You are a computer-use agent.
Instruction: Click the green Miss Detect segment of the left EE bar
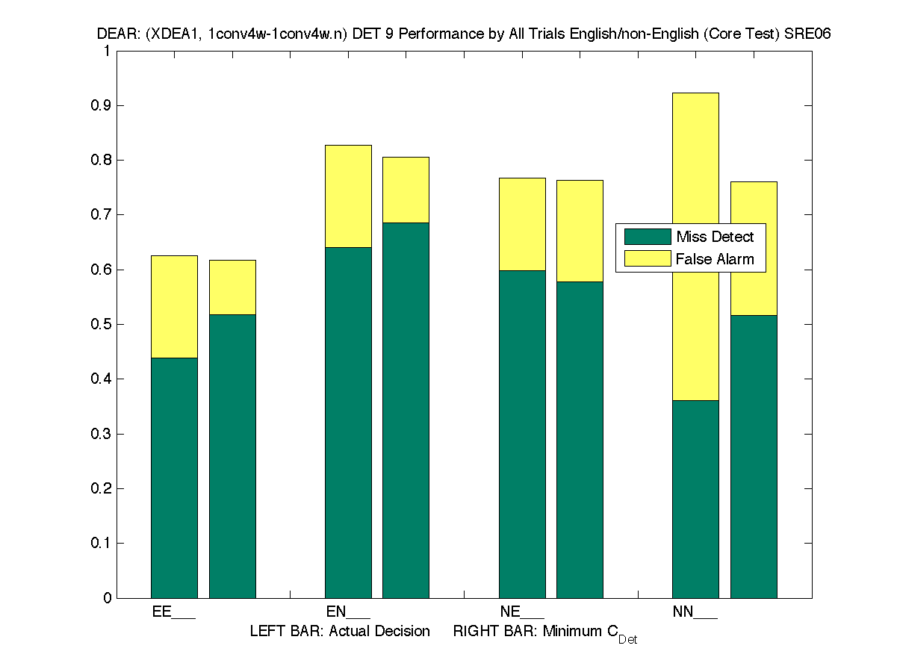[174, 478]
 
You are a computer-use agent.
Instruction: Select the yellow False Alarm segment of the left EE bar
[174, 306]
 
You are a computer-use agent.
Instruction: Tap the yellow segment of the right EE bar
[232, 287]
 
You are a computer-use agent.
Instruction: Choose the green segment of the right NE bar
[580, 440]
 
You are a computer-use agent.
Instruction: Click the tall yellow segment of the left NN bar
[695, 246]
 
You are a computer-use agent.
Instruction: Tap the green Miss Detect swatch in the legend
[648, 237]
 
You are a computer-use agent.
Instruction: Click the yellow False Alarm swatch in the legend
[648, 259]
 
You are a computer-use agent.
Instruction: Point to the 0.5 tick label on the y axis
[102, 325]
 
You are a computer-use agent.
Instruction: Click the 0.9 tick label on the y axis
[102, 106]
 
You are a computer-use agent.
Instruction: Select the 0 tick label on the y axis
[108, 598]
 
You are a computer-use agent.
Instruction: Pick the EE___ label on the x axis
[173, 612]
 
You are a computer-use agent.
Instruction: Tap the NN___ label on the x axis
[695, 612]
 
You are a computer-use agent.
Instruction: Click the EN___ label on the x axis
[348, 612]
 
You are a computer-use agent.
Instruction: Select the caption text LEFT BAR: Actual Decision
[340, 632]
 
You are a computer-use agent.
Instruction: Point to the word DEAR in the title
[112, 34]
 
